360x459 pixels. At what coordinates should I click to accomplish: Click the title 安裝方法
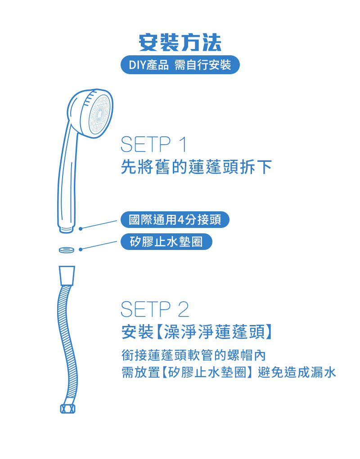(x=180, y=43)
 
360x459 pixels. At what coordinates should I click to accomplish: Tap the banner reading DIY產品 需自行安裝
(x=180, y=65)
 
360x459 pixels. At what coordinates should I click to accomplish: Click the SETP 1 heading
(x=154, y=144)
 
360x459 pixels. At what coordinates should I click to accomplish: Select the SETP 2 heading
(x=155, y=309)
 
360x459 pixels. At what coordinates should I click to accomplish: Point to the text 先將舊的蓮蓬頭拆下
(x=196, y=167)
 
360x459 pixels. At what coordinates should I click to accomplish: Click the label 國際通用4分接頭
(x=175, y=219)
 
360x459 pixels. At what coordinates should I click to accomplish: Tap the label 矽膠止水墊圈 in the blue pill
(x=166, y=242)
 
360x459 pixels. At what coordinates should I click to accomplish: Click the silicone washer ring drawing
(x=67, y=250)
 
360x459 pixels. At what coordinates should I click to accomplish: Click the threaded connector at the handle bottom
(x=67, y=229)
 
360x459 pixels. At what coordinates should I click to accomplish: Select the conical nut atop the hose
(x=67, y=276)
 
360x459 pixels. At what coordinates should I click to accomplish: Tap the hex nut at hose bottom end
(x=67, y=409)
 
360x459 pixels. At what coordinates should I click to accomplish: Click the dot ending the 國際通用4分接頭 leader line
(x=81, y=229)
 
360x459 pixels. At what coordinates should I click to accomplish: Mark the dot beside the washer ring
(x=81, y=249)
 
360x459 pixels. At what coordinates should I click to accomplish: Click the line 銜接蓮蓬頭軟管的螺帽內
(x=193, y=355)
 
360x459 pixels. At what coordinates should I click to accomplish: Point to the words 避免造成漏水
(x=297, y=373)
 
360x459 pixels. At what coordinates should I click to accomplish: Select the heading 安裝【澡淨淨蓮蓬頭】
(x=197, y=332)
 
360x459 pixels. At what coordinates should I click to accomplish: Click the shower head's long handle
(x=67, y=176)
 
